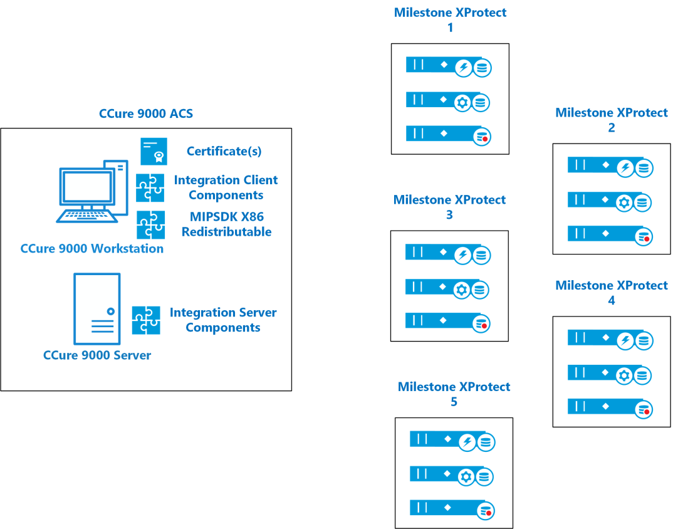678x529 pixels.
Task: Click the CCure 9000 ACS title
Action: pyautogui.click(x=146, y=113)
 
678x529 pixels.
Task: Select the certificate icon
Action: pyautogui.click(x=154, y=152)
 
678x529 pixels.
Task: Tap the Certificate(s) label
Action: pyautogui.click(x=224, y=152)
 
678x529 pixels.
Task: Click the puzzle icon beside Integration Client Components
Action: pyautogui.click(x=150, y=188)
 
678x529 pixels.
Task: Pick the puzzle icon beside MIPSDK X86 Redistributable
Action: pyautogui.click(x=150, y=225)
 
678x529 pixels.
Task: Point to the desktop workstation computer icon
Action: pyautogui.click(x=93, y=191)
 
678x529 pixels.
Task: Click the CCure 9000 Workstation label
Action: pyautogui.click(x=91, y=248)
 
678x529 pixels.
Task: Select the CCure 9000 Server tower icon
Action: pyautogui.click(x=97, y=309)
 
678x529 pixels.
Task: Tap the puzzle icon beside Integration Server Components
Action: pyautogui.click(x=146, y=320)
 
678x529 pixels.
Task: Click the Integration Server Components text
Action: pyautogui.click(x=222, y=320)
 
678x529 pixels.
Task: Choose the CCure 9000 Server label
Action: pyautogui.click(x=97, y=355)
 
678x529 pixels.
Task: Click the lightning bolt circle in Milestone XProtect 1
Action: pyautogui.click(x=464, y=68)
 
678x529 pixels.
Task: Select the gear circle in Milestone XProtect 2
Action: pyautogui.click(x=624, y=202)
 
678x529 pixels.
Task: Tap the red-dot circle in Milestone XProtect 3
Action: pyautogui.click(x=481, y=324)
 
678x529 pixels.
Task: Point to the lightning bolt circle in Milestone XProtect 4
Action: pyautogui.click(x=625, y=341)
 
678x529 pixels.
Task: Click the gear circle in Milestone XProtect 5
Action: pyautogui.click(x=466, y=476)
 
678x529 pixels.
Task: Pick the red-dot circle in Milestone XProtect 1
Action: pyautogui.click(x=482, y=137)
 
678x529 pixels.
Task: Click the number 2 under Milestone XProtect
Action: pyautogui.click(x=612, y=128)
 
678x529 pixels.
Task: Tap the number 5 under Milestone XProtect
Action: pyautogui.click(x=454, y=402)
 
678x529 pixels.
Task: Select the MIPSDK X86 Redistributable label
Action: pyautogui.click(x=227, y=224)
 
